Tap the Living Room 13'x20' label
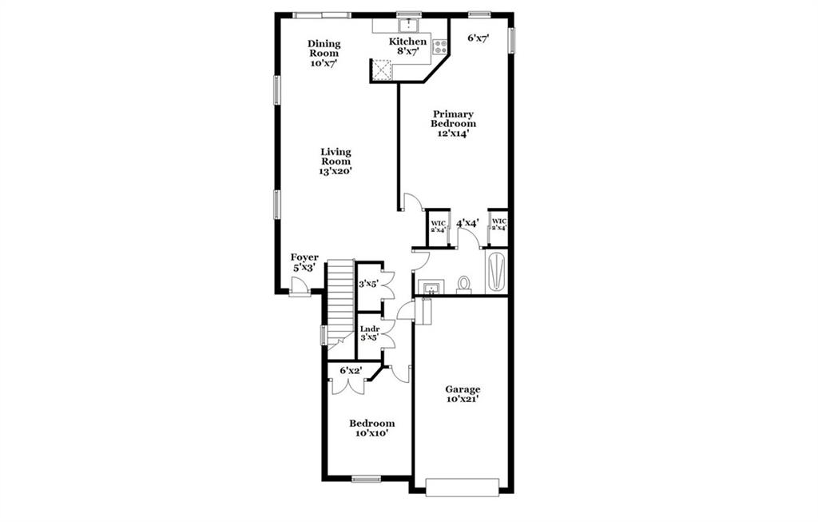point(336,161)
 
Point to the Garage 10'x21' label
point(463,394)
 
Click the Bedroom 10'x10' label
point(372,428)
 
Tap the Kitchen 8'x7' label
point(408,46)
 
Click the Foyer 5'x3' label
point(304,262)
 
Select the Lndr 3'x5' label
point(369,333)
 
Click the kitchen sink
point(408,25)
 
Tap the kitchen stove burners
point(439,47)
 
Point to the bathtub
point(495,273)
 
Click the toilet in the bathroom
point(464,285)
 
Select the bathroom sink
point(431,288)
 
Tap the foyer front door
point(299,288)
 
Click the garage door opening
point(462,487)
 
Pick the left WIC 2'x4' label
point(438,226)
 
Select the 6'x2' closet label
point(351,371)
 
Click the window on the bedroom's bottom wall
point(366,479)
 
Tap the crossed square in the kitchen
point(381,70)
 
